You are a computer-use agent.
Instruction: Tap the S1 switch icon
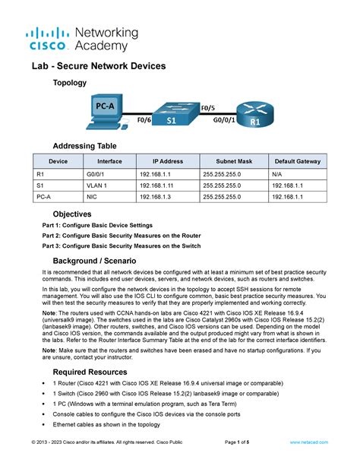172,117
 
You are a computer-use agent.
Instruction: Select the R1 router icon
255,113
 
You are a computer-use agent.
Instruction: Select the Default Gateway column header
298,161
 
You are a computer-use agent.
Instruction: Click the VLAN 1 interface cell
97,185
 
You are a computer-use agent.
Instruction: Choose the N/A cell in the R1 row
280,173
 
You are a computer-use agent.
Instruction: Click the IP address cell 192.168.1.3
156,196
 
